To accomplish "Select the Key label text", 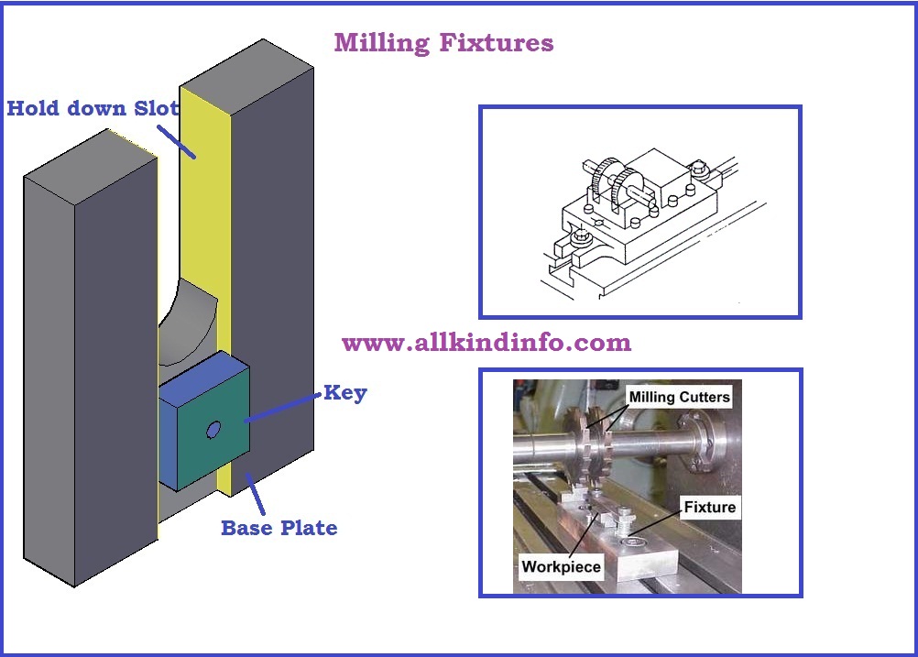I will click(x=344, y=393).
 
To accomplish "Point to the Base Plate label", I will click(x=279, y=528).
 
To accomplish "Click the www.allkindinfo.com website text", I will click(x=486, y=344).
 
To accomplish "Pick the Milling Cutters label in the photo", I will click(x=678, y=396).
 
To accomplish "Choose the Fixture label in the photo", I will click(x=710, y=507).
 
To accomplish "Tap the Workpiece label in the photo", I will click(x=561, y=566).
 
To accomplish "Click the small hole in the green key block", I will click(x=213, y=429).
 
